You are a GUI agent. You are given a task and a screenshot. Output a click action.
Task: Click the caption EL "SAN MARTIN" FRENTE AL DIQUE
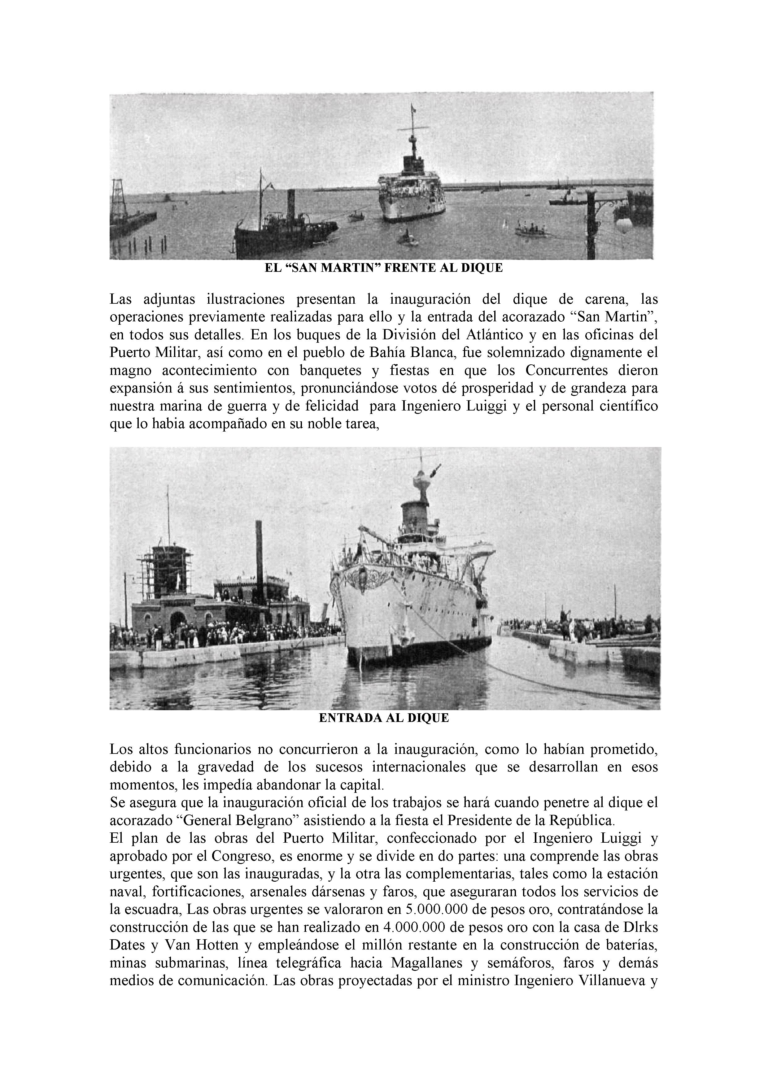(383, 268)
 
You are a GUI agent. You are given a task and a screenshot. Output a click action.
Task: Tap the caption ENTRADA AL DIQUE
(384, 718)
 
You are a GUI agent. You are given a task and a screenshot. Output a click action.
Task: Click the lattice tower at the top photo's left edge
(116, 199)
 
